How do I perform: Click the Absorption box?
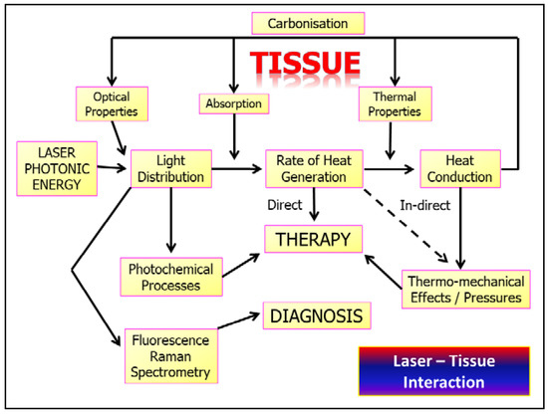[x=234, y=104]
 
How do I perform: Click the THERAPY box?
[x=312, y=238]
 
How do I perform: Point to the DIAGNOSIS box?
[x=318, y=316]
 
